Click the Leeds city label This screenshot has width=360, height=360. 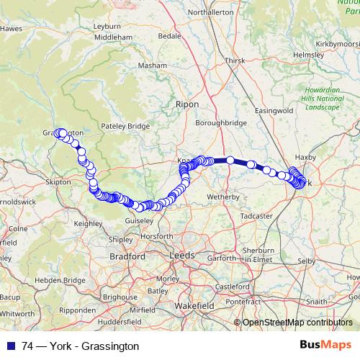[x=179, y=256]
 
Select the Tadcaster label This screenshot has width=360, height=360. [x=257, y=215]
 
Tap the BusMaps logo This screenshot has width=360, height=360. [x=325, y=345]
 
